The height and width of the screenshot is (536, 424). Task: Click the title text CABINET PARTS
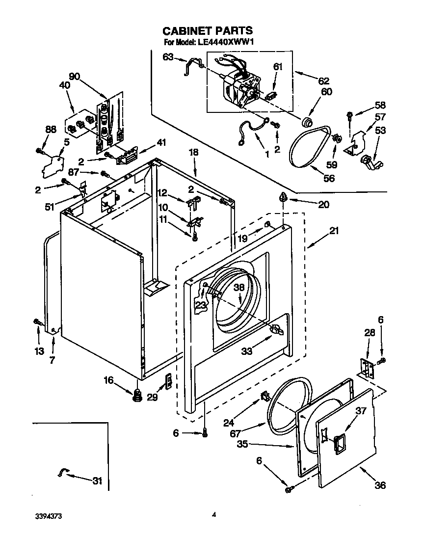(x=207, y=31)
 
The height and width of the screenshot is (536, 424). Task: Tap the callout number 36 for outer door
(x=380, y=485)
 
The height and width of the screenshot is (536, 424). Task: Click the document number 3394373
(x=48, y=516)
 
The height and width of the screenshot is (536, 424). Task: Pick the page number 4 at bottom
(x=214, y=515)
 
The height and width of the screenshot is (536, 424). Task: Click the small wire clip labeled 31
(x=63, y=472)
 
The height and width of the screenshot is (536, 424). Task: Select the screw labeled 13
(x=37, y=322)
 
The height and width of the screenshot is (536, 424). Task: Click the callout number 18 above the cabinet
(x=194, y=153)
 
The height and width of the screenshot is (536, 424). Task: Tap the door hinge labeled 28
(x=366, y=368)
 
